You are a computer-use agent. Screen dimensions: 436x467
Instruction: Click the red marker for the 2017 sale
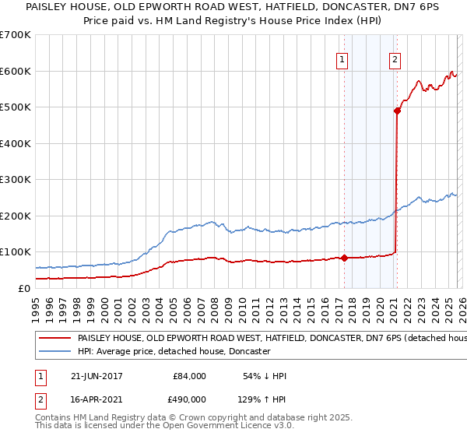pyautogui.click(x=344, y=258)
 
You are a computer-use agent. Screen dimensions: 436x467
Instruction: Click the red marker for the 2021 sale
pyautogui.click(x=397, y=111)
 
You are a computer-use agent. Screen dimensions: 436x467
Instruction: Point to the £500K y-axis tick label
pyautogui.click(x=16, y=107)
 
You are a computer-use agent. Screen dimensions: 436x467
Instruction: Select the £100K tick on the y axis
pyautogui.click(x=16, y=252)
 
